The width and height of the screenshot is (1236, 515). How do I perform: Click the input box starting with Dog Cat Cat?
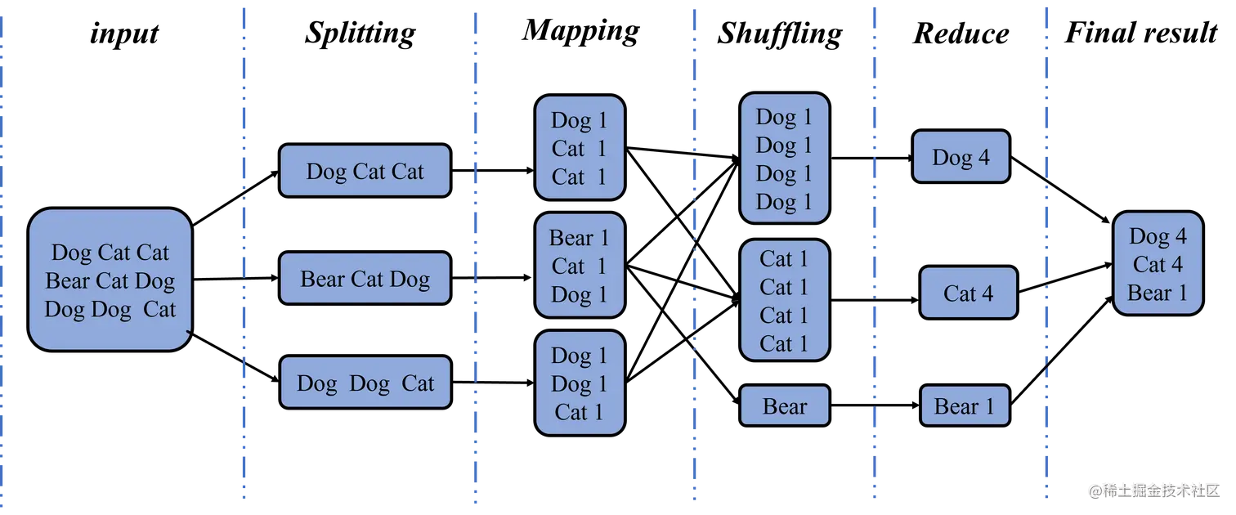click(110, 280)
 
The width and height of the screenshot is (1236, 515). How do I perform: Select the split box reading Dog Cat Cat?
click(365, 171)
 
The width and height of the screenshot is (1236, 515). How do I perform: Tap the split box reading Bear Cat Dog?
click(365, 279)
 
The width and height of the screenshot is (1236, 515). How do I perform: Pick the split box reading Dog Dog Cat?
click(365, 383)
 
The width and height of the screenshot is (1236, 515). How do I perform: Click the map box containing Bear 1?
click(580, 266)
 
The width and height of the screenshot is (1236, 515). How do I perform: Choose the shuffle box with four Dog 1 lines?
click(784, 159)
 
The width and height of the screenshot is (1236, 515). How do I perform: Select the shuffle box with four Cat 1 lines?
click(784, 300)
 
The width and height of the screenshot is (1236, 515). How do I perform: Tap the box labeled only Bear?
click(784, 405)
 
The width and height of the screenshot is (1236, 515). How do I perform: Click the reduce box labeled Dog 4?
click(961, 157)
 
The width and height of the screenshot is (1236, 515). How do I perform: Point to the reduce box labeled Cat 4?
click(968, 293)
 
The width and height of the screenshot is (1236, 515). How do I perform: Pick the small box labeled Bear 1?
click(964, 406)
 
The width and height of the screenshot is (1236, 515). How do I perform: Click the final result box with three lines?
click(1158, 264)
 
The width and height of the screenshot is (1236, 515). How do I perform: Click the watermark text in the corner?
click(1153, 490)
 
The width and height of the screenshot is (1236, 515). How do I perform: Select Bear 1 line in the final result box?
click(1158, 293)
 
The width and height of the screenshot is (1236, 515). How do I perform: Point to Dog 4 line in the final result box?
click(1158, 236)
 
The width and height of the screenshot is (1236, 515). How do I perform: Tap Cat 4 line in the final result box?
click(1158, 265)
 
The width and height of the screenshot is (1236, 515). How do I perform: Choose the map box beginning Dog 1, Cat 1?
click(580, 148)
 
